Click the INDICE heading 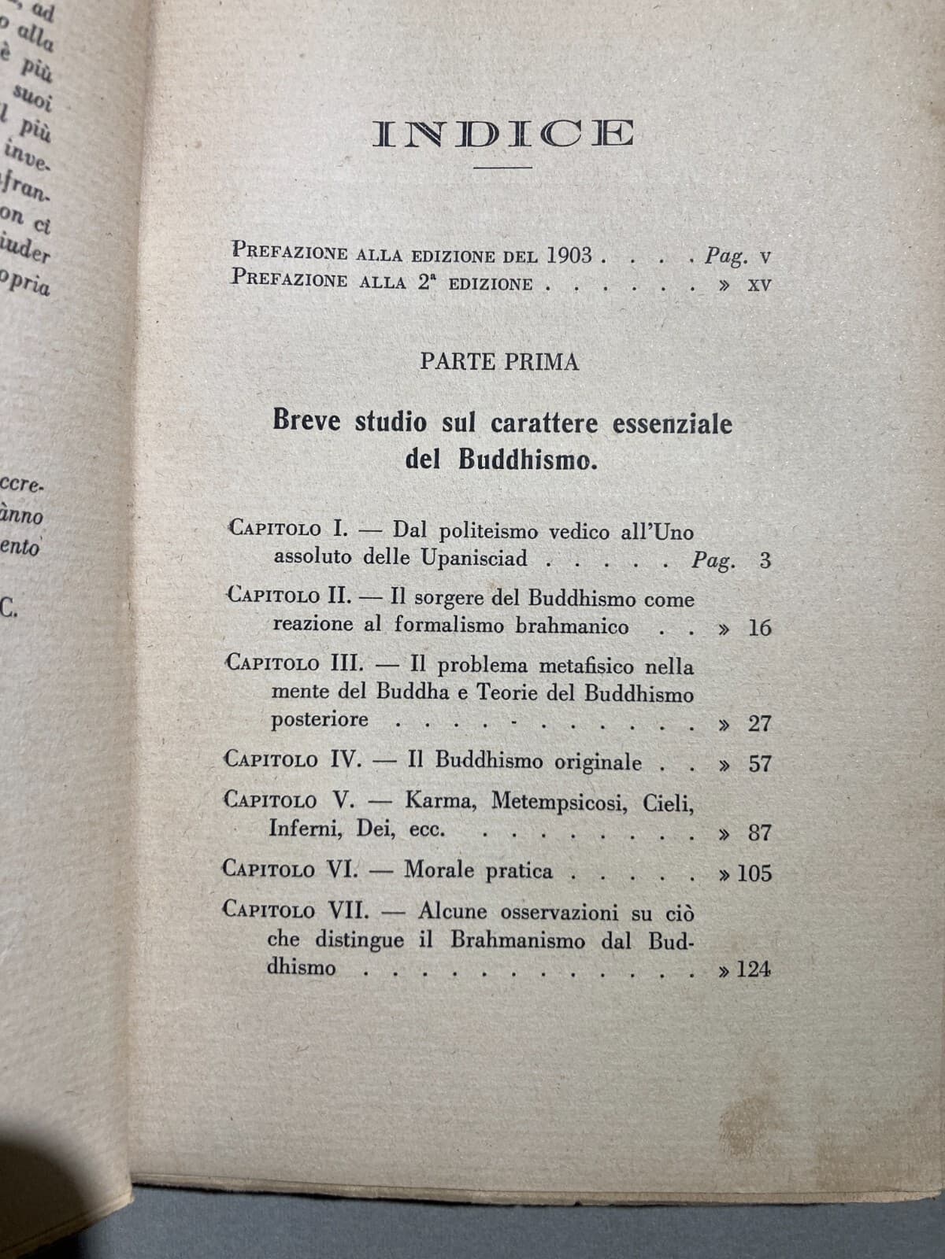pos(503,134)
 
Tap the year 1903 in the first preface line pos(565,256)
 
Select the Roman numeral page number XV pos(758,285)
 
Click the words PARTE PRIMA pos(499,361)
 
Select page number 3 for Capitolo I pos(765,561)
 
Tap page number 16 pos(759,628)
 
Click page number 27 pos(759,723)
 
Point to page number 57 pos(759,763)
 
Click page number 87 pos(759,833)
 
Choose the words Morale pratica pos(478,870)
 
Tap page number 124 pos(754,969)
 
